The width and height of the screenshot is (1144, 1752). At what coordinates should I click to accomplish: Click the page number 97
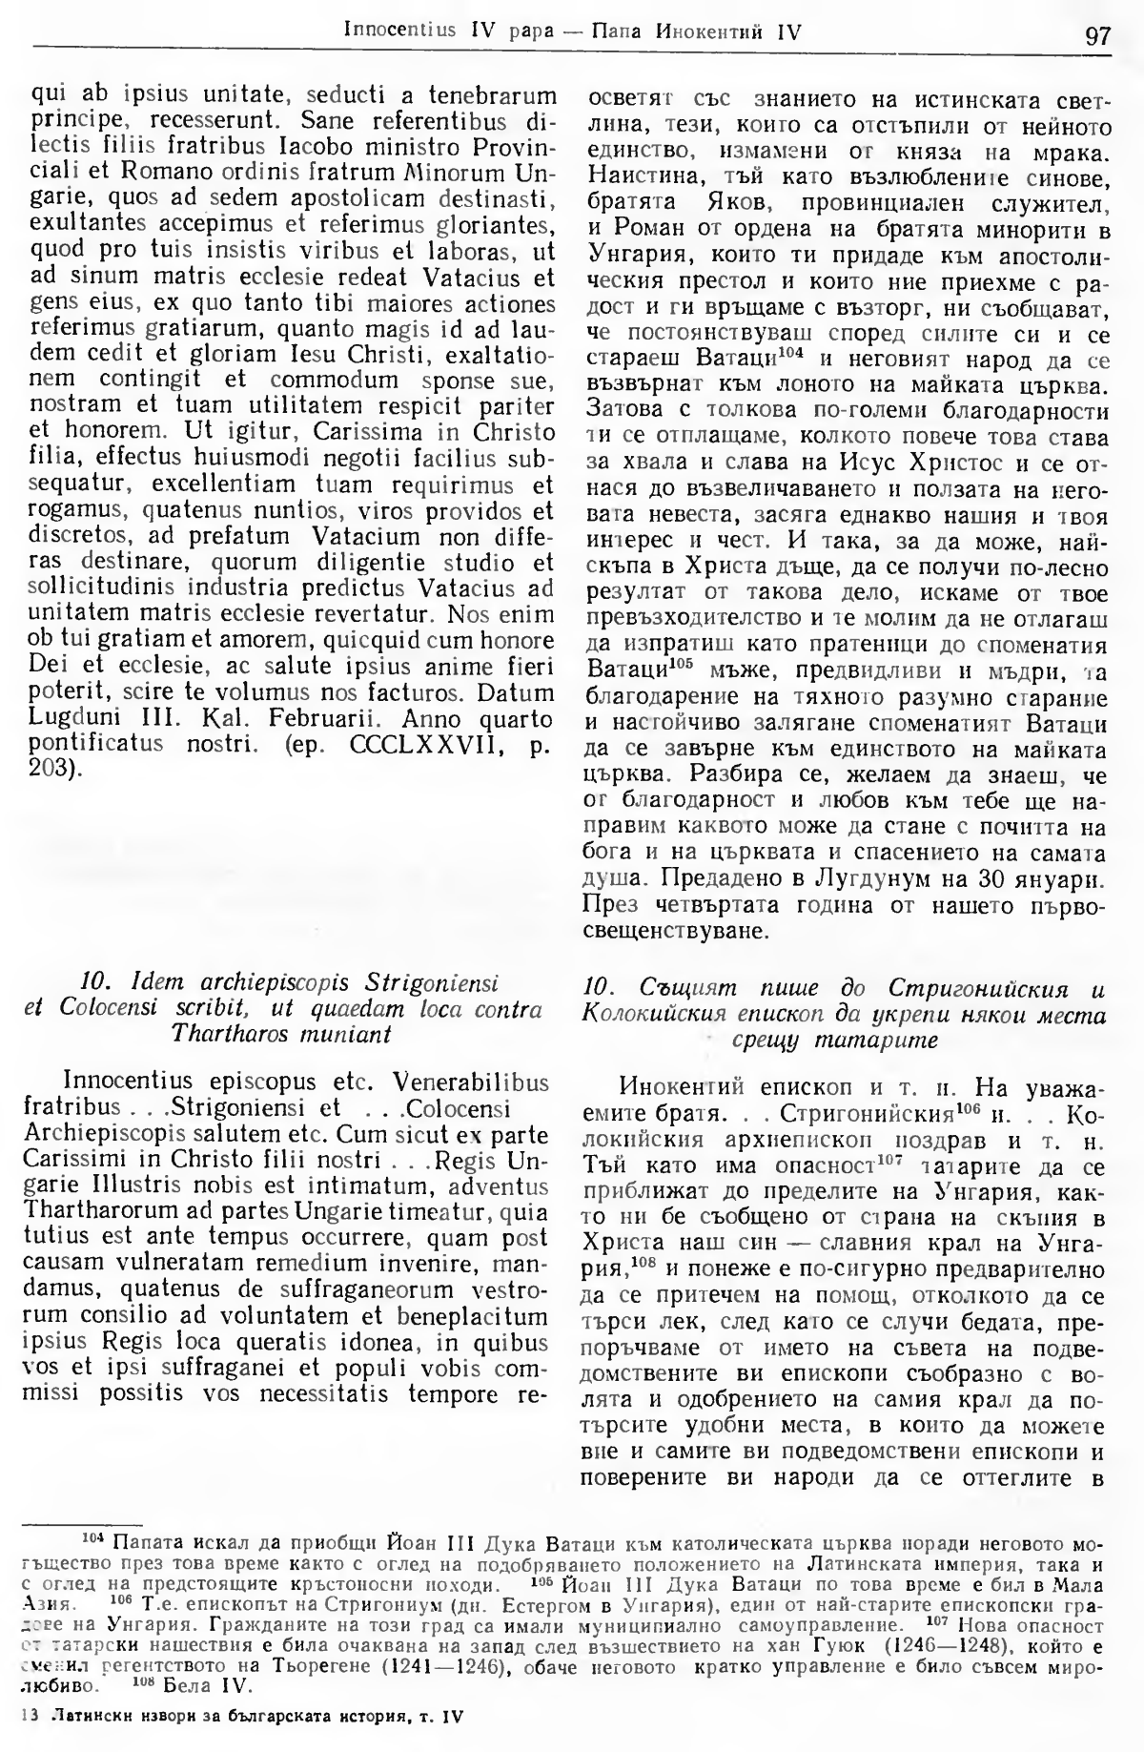[1096, 35]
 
